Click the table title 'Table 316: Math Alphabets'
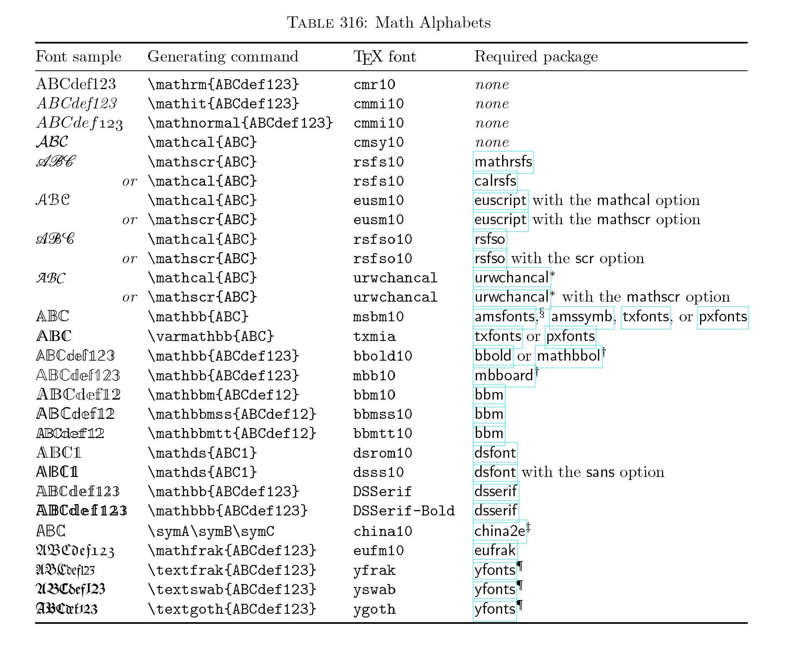click(x=389, y=22)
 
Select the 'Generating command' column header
click(x=223, y=56)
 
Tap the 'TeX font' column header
click(x=385, y=57)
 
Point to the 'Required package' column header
click(x=536, y=57)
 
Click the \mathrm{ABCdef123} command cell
click(x=224, y=84)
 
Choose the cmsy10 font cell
click(x=379, y=143)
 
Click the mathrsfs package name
click(x=503, y=162)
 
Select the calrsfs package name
click(x=495, y=181)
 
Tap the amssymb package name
click(x=582, y=317)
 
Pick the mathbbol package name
click(x=569, y=356)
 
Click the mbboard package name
click(x=504, y=375)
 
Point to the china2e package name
click(x=500, y=531)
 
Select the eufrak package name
click(x=495, y=551)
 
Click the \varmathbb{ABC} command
click(x=211, y=336)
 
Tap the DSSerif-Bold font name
click(x=404, y=511)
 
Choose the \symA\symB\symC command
click(x=211, y=531)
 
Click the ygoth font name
click(x=375, y=609)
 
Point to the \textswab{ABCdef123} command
click(x=232, y=590)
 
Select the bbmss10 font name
click(x=383, y=414)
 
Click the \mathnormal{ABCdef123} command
click(x=241, y=123)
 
